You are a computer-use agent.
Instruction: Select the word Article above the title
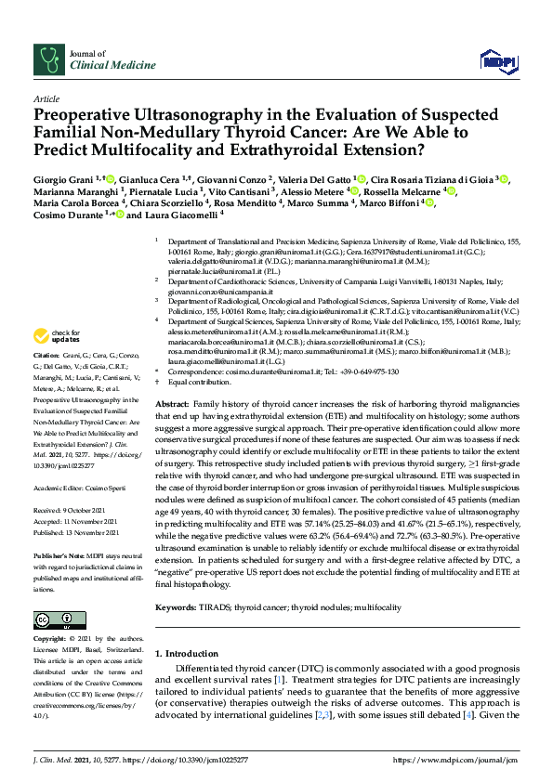pyautogui.click(x=46, y=98)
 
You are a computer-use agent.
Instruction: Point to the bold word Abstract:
pyautogui.click(x=173, y=406)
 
